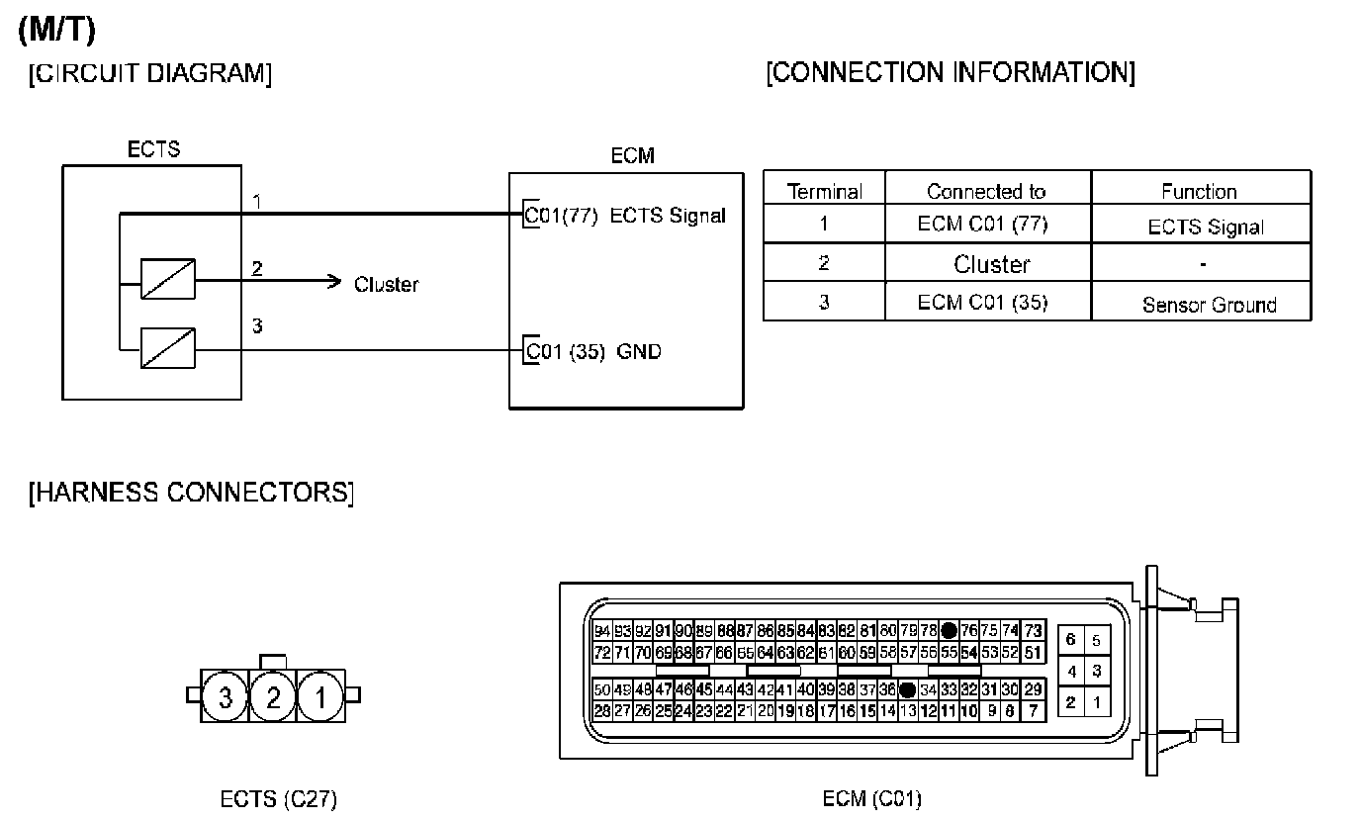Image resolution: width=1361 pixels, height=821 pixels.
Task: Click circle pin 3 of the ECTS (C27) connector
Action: coord(226,698)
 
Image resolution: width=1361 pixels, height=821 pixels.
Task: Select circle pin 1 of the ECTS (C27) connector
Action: coord(320,698)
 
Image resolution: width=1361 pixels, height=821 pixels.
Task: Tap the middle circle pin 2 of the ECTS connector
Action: coord(273,698)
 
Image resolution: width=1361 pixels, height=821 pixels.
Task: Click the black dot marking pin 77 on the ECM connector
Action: coord(949,631)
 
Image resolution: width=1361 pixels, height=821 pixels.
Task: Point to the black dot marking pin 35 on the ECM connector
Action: coord(906,689)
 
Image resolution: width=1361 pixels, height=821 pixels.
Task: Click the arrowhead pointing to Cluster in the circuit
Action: coord(334,282)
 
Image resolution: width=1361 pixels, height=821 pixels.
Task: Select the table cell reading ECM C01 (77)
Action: coord(987,224)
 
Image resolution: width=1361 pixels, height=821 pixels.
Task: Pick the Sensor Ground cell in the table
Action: coord(1209,305)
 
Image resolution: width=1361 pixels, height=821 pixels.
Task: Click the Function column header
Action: coord(1199,191)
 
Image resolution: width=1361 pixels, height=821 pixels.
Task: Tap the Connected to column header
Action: coord(986,191)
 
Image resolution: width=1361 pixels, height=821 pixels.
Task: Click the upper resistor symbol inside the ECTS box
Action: coord(168,279)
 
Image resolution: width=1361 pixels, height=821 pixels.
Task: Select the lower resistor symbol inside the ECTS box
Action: coord(168,348)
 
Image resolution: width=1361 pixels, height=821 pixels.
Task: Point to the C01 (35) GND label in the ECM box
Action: coord(593,351)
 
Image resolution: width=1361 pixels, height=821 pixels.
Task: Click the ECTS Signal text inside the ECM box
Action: coord(668,216)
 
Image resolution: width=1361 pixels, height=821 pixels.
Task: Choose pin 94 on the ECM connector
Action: coord(602,631)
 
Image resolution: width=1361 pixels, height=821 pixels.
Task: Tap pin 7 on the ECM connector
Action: coord(1033,710)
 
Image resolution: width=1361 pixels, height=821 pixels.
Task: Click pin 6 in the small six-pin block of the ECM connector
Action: coord(1070,640)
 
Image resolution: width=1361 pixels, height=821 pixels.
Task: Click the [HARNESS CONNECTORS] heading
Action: coord(191,493)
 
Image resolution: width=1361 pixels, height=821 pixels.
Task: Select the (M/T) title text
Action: coord(56,31)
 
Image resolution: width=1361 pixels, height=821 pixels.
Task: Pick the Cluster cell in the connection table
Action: coord(991,264)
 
